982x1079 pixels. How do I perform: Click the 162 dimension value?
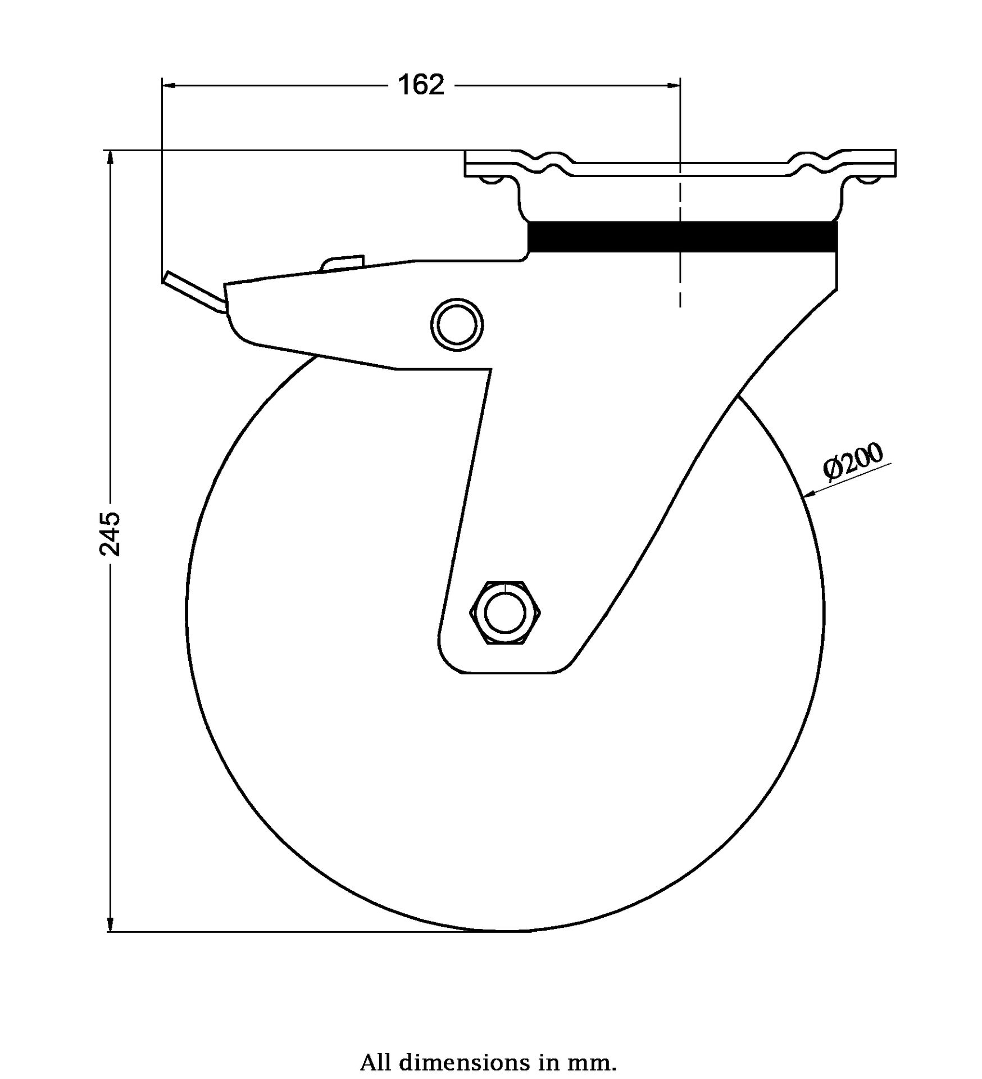coord(421,85)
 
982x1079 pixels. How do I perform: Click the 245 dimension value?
coord(110,533)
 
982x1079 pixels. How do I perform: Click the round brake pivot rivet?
coord(457,325)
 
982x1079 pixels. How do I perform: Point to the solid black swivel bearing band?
coord(683,237)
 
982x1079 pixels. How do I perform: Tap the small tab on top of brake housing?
coord(342,263)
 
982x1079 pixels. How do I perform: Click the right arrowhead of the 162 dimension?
coord(673,85)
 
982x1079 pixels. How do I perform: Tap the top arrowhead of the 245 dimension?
coord(110,157)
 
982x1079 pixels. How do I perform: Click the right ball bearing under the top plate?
coord(869,180)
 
